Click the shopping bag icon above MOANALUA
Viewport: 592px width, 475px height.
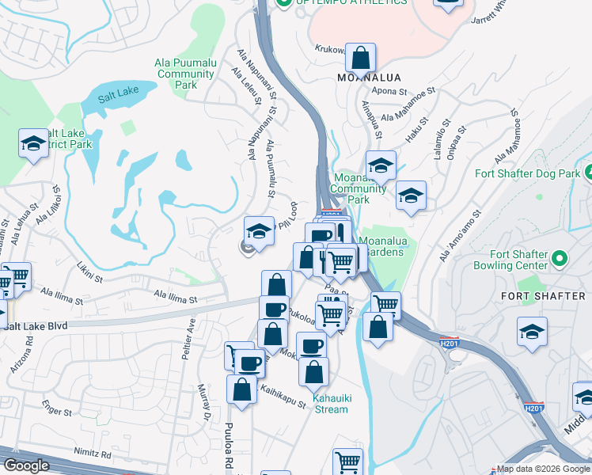[x=360, y=58]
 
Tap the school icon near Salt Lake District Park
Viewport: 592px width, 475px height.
[x=33, y=144]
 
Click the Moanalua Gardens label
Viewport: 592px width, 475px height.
[x=381, y=246]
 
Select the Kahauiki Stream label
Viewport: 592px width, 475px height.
[x=329, y=404]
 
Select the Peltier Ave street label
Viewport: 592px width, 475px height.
[x=191, y=340]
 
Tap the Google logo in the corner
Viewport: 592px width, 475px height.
[x=26, y=465]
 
